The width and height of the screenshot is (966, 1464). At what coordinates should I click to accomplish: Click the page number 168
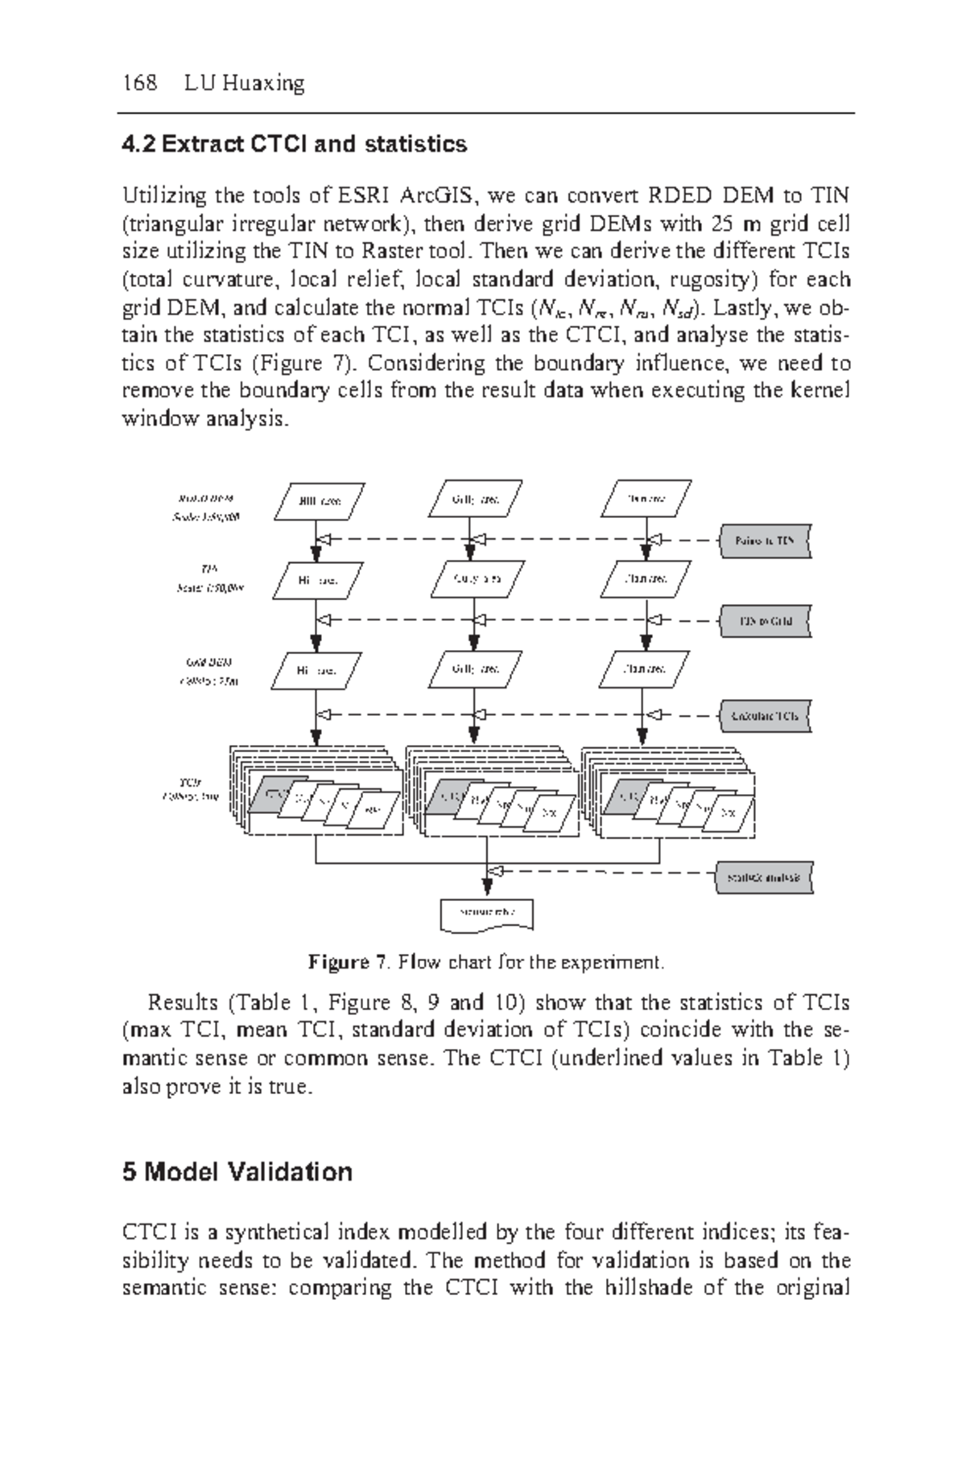pyautogui.click(x=139, y=83)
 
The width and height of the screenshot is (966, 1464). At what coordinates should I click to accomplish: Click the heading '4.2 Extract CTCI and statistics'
pyautogui.click(x=294, y=145)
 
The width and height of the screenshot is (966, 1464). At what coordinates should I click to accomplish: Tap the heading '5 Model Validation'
pyautogui.click(x=237, y=1171)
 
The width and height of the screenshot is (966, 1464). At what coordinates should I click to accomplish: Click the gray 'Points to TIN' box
pyautogui.click(x=765, y=541)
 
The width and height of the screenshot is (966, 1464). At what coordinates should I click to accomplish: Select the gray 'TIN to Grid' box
pyautogui.click(x=765, y=621)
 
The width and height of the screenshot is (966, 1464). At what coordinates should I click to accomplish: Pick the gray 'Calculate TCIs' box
pyautogui.click(x=765, y=715)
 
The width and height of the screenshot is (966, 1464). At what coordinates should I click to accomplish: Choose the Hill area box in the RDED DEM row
pyautogui.click(x=320, y=501)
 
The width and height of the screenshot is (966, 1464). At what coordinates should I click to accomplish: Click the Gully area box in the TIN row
pyautogui.click(x=478, y=578)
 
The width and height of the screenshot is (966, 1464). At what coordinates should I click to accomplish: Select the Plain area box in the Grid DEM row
pyautogui.click(x=645, y=668)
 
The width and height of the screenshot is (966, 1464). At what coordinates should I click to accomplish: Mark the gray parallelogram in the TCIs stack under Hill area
pyautogui.click(x=270, y=795)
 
